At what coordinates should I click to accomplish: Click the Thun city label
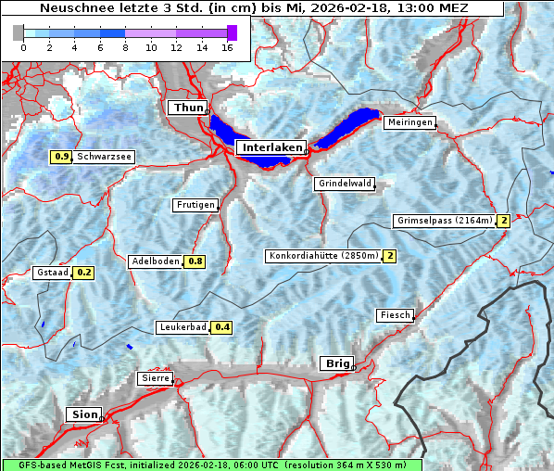[x=188, y=108]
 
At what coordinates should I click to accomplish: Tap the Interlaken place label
[x=272, y=147]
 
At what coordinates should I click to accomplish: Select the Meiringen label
[x=409, y=122]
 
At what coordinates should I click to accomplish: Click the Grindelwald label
[x=346, y=184]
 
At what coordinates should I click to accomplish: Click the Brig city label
[x=335, y=363]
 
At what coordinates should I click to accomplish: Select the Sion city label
[x=84, y=414]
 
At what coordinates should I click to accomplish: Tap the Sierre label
[x=154, y=378]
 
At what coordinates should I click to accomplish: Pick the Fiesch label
[x=395, y=315]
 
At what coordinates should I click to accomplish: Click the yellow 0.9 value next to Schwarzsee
[x=62, y=157]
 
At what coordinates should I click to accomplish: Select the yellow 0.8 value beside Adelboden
[x=195, y=261]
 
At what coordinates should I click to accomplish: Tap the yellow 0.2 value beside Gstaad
[x=84, y=273]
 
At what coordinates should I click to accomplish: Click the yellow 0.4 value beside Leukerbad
[x=222, y=327]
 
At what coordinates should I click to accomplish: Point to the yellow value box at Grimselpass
[x=504, y=221]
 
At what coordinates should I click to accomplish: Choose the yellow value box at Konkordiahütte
[x=390, y=256]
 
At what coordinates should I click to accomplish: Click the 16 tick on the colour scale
[x=226, y=46]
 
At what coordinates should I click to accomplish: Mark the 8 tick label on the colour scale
[x=125, y=46]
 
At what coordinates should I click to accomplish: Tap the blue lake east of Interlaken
[x=347, y=128]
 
